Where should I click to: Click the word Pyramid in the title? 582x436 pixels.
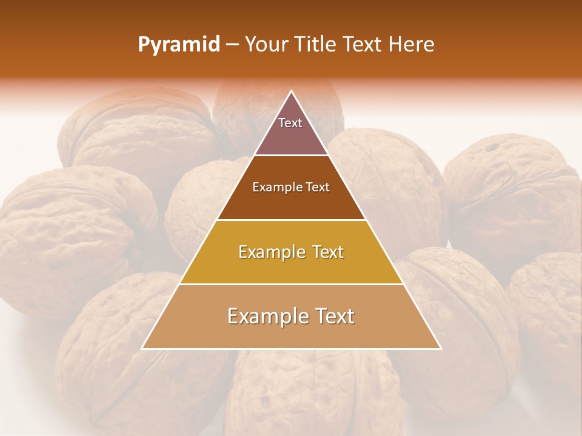179,45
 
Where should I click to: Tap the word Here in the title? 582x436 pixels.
412,45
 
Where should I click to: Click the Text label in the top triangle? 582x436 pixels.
290,123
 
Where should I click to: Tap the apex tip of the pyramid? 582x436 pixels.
292,92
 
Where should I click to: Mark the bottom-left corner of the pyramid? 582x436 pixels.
142,348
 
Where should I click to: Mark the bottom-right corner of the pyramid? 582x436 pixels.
440,348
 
